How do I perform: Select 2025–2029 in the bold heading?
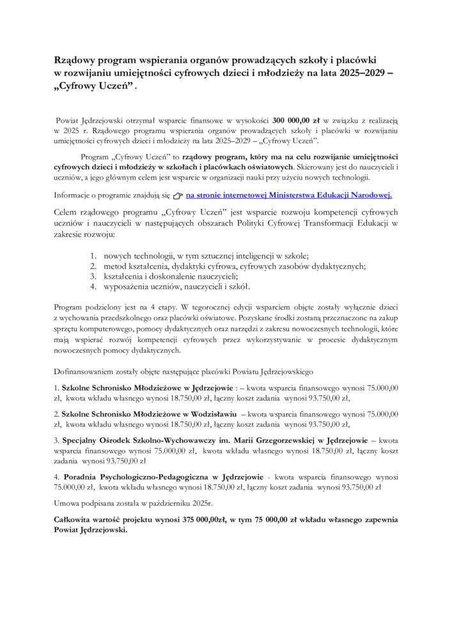pos(351,73)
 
